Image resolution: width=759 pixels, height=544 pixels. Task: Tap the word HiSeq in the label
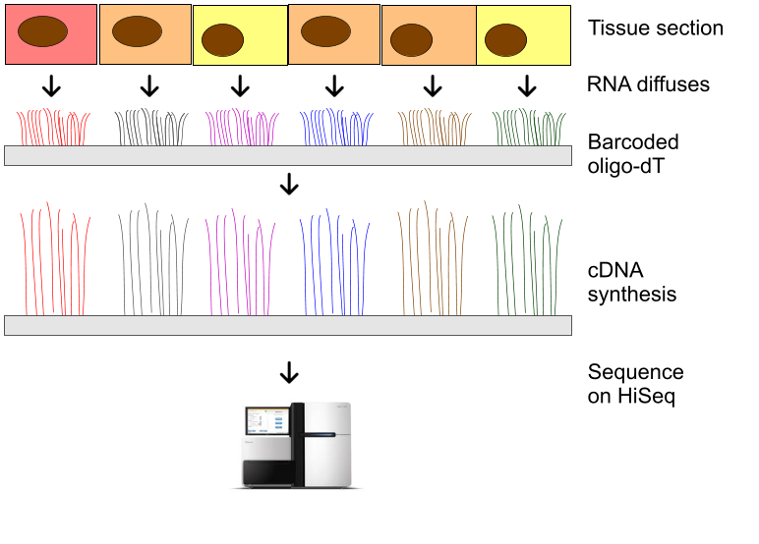[648, 399]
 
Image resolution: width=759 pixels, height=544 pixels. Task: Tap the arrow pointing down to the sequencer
[289, 373]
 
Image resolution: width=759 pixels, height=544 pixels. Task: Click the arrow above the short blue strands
[334, 87]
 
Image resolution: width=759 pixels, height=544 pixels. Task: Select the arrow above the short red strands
[52, 87]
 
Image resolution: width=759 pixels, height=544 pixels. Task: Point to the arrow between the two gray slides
[289, 185]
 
